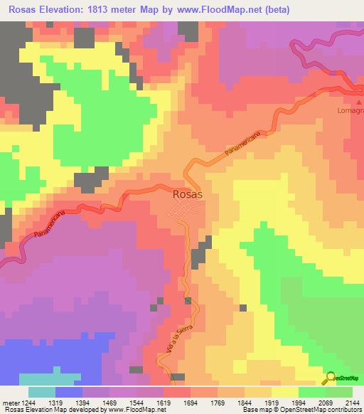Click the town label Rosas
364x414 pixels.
(188, 193)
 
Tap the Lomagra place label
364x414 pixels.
(350, 110)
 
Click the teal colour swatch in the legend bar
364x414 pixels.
(41, 392)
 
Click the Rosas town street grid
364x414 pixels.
(186, 210)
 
